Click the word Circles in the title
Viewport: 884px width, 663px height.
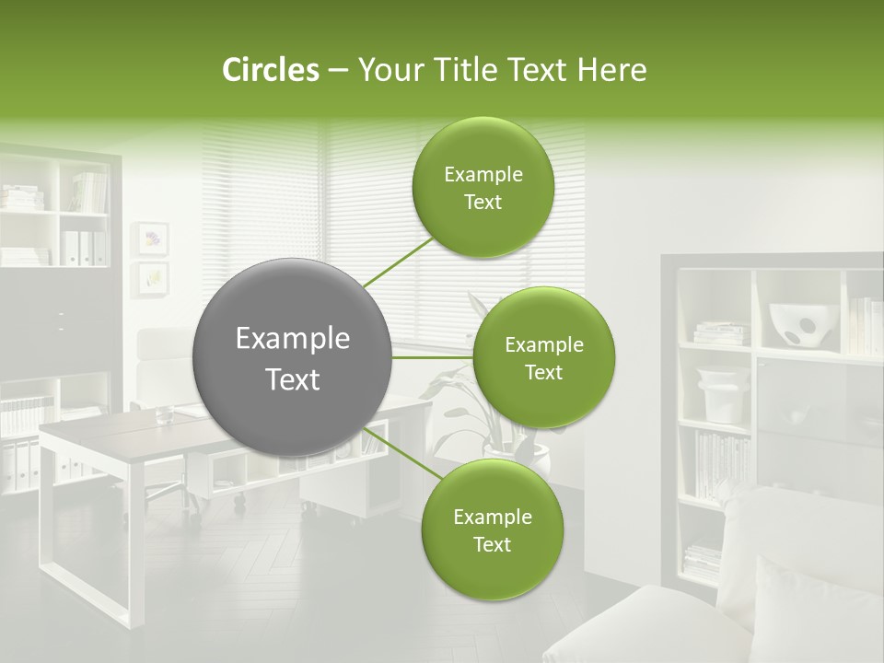[x=270, y=70]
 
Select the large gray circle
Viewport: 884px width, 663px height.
[x=292, y=357]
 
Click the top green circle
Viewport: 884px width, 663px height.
[x=483, y=188]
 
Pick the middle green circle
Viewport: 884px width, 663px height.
[x=543, y=358]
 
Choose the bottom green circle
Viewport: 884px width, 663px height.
[x=492, y=529]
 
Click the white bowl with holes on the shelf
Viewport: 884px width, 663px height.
[x=800, y=326]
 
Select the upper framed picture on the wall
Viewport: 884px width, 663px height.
[x=152, y=238]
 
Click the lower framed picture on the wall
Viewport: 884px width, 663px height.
[x=152, y=277]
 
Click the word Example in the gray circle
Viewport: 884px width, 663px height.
[x=292, y=339]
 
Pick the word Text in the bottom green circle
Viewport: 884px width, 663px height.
[x=492, y=544]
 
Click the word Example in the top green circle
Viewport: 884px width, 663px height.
[x=483, y=175]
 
